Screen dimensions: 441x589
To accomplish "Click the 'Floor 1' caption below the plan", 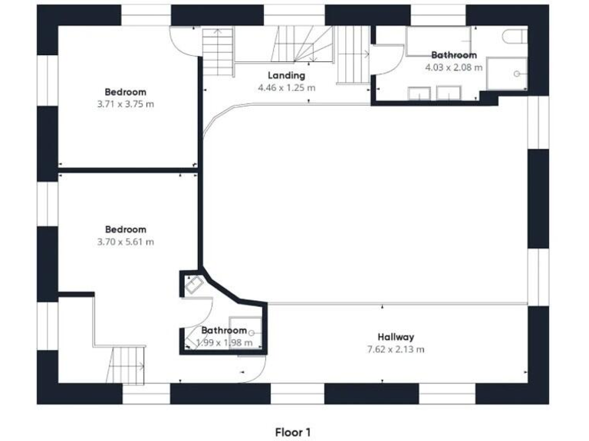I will click(293, 433).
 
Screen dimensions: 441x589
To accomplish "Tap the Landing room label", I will click(286, 76).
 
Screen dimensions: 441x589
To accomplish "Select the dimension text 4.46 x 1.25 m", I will click(286, 88).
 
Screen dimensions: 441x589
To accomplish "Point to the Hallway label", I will click(396, 337).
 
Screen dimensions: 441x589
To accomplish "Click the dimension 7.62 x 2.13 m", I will click(396, 349).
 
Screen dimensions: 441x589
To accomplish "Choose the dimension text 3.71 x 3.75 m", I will click(125, 104).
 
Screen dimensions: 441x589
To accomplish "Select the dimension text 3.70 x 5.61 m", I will click(125, 242).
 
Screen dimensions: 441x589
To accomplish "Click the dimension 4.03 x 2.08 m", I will click(454, 67).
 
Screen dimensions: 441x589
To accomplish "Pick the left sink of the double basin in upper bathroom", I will click(418, 94).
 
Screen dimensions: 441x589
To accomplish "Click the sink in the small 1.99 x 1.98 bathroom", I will click(192, 285).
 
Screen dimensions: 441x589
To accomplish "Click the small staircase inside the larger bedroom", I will click(127, 364).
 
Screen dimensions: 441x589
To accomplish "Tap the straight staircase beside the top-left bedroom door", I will click(218, 52).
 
